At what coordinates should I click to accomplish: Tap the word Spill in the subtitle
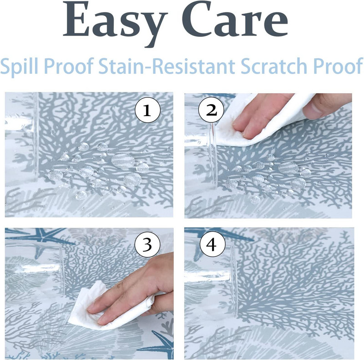pyautogui.click(x=19, y=66)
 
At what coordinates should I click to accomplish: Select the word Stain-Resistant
pyautogui.click(x=167, y=66)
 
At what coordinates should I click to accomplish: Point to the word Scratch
pyautogui.click(x=274, y=66)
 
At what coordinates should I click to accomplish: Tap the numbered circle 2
pyautogui.click(x=211, y=110)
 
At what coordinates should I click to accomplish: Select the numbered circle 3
pyautogui.click(x=147, y=244)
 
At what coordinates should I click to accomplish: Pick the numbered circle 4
pyautogui.click(x=212, y=244)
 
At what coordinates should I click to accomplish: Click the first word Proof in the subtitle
pyautogui.click(x=68, y=66)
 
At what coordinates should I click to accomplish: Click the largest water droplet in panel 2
pyautogui.click(x=288, y=168)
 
